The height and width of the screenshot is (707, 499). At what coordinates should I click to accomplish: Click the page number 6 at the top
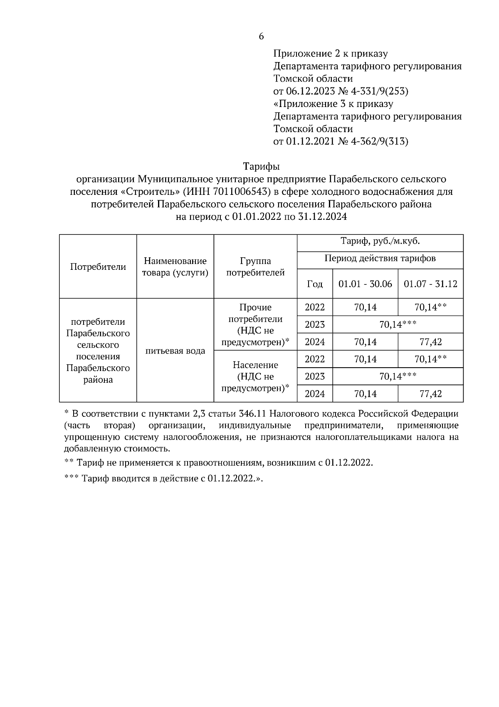[261, 37]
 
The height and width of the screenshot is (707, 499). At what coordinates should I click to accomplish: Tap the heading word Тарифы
[261, 167]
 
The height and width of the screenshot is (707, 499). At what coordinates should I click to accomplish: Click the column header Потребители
[98, 267]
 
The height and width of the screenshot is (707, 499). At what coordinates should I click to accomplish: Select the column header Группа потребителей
[255, 267]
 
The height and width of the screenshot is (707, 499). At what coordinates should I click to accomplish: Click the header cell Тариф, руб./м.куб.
[380, 241]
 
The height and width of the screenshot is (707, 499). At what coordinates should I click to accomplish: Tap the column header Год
[315, 284]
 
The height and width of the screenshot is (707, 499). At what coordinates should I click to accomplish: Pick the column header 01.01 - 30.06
[365, 284]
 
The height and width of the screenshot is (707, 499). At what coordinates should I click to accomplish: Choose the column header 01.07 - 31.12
[430, 284]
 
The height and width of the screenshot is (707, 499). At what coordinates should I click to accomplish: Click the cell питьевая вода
[175, 351]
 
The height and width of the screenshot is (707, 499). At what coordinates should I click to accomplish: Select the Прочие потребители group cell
[255, 325]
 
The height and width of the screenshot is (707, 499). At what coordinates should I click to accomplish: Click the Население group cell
[255, 376]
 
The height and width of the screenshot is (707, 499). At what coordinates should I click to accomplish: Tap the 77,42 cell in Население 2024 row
[430, 394]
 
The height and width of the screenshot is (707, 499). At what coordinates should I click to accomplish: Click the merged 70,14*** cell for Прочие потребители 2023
[398, 325]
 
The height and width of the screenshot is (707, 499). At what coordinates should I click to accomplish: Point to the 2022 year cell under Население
[315, 359]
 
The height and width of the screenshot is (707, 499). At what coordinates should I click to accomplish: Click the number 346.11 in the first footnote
[253, 414]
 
